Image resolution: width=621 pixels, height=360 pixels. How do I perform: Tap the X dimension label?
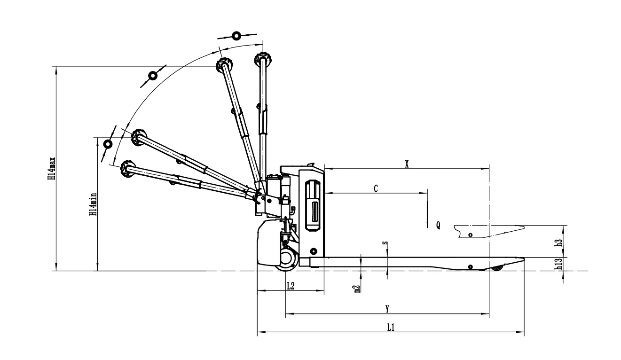point(407,164)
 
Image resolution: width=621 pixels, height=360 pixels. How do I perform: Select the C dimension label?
point(376,188)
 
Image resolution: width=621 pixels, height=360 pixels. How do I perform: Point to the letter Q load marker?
point(438,225)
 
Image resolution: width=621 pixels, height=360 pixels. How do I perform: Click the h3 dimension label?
point(559,242)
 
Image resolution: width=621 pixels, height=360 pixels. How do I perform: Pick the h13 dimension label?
point(559,265)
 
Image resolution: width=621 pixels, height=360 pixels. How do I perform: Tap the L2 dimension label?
point(290,286)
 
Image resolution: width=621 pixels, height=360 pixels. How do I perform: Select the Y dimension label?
point(387,309)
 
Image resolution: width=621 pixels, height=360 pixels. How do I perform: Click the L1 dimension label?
point(390,328)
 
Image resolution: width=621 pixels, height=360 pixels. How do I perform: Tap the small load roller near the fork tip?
point(496,268)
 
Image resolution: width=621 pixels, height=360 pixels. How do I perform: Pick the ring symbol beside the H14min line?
point(108,144)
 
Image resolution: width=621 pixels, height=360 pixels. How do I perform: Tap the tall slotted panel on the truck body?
point(313,205)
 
